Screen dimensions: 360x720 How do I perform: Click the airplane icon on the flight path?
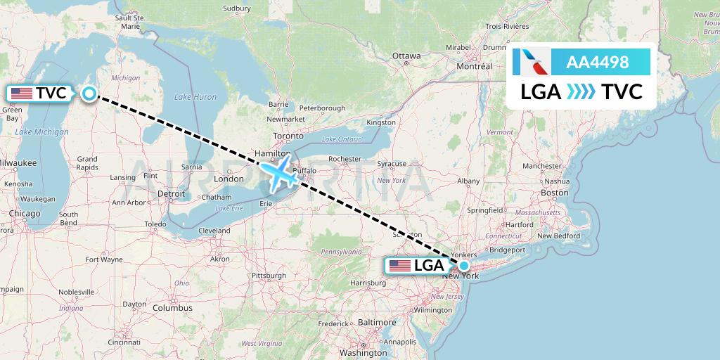[x=279, y=174]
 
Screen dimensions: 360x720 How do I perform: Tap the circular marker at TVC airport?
[x=89, y=94]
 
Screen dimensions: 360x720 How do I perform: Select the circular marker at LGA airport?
[x=464, y=266]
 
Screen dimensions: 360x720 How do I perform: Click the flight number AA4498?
[x=597, y=63]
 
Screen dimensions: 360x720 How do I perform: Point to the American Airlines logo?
[x=532, y=63]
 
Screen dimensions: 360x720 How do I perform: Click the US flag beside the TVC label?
[x=22, y=93]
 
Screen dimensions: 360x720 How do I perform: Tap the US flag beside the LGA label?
[x=399, y=266]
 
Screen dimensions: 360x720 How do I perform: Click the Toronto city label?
[x=288, y=136]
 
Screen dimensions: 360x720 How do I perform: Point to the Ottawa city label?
[x=406, y=56]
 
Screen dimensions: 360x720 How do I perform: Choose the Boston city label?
[x=554, y=193]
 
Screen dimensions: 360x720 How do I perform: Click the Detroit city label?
[x=171, y=193]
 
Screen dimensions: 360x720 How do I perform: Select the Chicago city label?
[x=25, y=213]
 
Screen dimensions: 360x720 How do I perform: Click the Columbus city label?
[x=172, y=308]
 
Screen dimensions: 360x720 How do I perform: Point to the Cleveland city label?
[x=214, y=231]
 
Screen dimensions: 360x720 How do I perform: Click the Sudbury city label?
[x=236, y=8]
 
